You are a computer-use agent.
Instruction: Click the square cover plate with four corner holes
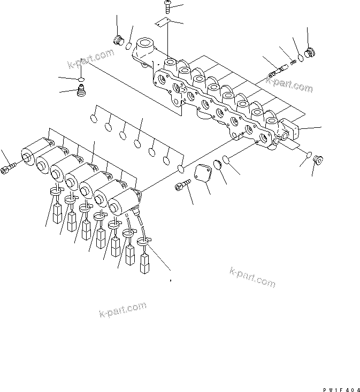(x=203, y=174)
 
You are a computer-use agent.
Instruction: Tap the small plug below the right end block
(x=317, y=158)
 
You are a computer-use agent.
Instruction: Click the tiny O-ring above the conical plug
(x=80, y=80)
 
